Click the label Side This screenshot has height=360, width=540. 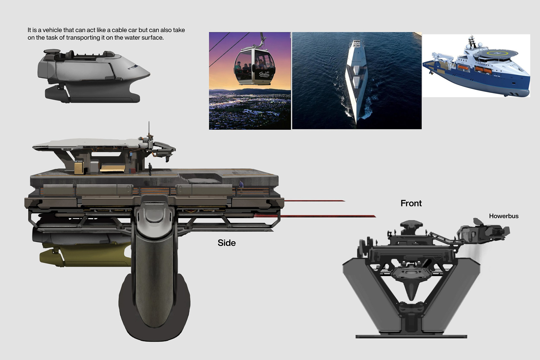(x=226, y=243)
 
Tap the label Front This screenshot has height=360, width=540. (x=411, y=203)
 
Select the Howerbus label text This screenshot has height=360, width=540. (x=503, y=216)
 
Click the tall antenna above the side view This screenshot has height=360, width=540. (x=149, y=129)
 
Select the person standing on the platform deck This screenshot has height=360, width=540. (x=150, y=169)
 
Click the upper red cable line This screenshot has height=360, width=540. (x=315, y=201)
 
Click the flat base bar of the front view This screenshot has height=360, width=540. (x=411, y=336)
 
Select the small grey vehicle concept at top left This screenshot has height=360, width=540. (x=93, y=76)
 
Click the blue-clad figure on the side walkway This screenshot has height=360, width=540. (x=241, y=184)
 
